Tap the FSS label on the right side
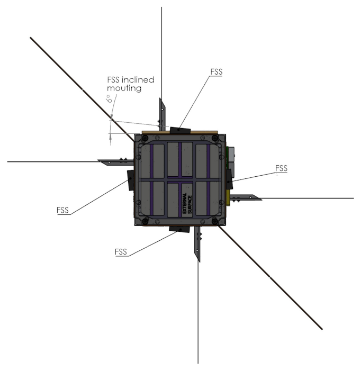pos(281,168)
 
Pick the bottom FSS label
pos(121,251)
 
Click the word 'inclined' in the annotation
pos(137,80)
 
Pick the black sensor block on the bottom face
pos(178,229)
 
